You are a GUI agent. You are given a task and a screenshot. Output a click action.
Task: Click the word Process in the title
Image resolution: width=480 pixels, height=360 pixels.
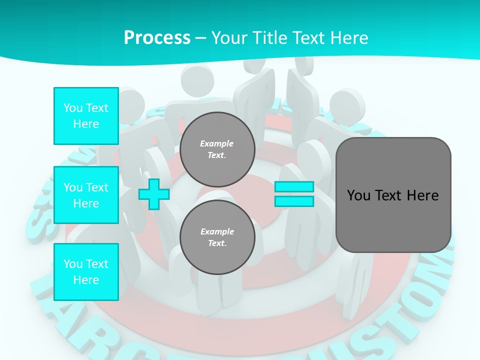[x=157, y=38]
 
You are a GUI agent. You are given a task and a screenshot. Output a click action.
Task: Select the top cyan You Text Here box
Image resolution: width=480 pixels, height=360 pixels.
[x=86, y=116]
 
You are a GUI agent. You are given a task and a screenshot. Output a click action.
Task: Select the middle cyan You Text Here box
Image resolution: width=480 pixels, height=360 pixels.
[x=86, y=195]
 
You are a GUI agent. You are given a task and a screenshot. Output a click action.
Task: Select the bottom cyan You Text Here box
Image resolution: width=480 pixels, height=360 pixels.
[x=86, y=272]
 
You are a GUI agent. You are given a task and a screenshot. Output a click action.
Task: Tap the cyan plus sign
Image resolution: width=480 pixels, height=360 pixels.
[x=154, y=194]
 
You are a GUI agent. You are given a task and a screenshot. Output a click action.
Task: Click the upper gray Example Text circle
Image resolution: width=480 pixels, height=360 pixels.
[x=217, y=149]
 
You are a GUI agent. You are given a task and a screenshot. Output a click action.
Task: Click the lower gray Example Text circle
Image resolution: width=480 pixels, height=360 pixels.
[x=217, y=237]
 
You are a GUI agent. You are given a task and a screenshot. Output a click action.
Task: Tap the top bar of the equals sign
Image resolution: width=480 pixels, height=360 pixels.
[x=294, y=187]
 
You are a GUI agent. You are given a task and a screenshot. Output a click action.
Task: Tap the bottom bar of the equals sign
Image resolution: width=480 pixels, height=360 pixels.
[x=294, y=201]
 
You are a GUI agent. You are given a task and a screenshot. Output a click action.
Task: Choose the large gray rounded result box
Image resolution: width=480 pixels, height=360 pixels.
[x=393, y=195]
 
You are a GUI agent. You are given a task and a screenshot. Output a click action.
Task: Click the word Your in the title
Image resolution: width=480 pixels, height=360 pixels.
[x=229, y=38]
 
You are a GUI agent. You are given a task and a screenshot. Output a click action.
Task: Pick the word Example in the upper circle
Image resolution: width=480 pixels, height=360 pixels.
[x=217, y=143]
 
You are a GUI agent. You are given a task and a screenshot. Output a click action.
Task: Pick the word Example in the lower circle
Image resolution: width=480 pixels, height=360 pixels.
[x=217, y=231]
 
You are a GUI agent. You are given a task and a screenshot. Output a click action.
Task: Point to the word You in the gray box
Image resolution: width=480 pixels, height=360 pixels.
[x=358, y=195]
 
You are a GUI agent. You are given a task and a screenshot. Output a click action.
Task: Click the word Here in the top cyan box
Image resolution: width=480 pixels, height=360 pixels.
[x=86, y=124]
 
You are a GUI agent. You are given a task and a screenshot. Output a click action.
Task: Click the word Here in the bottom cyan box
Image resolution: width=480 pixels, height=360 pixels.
[x=86, y=280]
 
